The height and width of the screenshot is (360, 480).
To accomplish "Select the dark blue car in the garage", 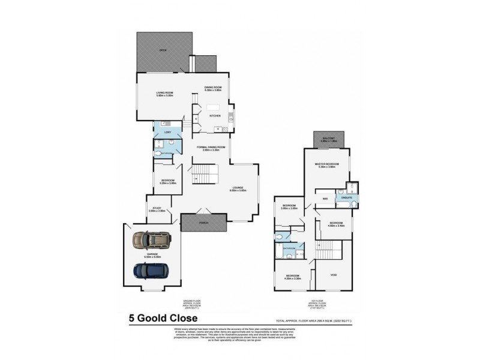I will (150, 272).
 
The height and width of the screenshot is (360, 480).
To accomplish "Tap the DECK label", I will (162, 50).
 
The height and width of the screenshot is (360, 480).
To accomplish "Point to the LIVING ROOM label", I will (164, 93).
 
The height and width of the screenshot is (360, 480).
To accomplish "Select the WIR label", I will (325, 198).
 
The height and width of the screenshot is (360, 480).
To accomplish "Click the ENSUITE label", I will (346, 197).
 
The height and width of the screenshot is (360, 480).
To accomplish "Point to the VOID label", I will (334, 275).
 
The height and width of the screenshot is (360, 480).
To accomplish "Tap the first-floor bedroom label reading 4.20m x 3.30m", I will (293, 278).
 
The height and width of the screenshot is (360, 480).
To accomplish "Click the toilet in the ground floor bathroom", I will (157, 154).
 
